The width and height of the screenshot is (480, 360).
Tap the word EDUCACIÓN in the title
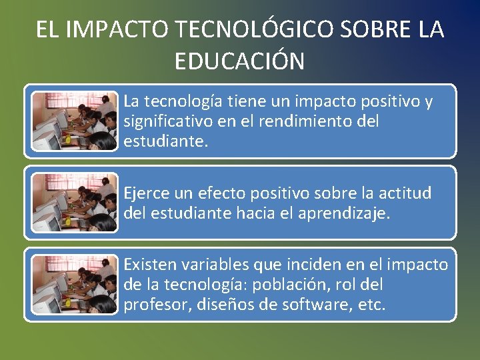pyautogui.click(x=239, y=61)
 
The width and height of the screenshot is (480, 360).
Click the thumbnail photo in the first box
pyautogui.click(x=75, y=121)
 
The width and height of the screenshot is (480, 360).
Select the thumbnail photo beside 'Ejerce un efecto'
pyautogui.click(x=75, y=203)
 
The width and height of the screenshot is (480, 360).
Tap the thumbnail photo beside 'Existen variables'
pyautogui.click(x=75, y=285)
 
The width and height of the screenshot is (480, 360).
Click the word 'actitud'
pyautogui.click(x=407, y=193)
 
